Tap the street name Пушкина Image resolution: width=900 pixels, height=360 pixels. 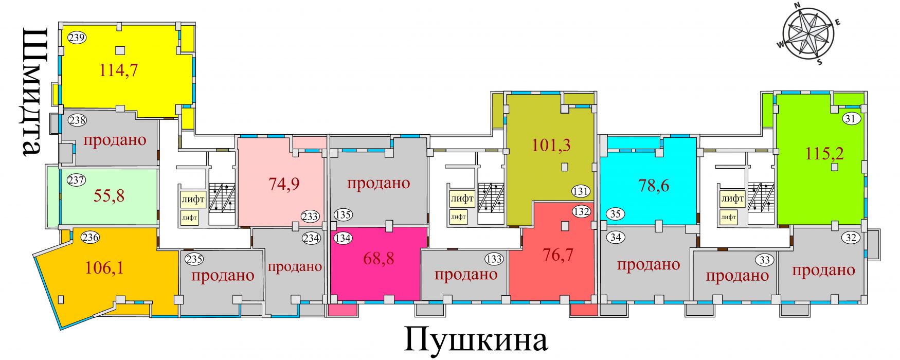(476, 339)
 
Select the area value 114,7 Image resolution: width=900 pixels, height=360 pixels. (119, 70)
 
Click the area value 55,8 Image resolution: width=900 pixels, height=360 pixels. (110, 195)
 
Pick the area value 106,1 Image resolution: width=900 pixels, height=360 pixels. (104, 267)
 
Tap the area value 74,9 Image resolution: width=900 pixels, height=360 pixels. (284, 184)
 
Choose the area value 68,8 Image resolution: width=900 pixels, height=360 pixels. (379, 258)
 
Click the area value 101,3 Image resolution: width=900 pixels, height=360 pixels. (551, 145)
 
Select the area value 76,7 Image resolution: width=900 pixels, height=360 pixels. (558, 255)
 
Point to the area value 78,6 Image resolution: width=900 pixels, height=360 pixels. (654, 185)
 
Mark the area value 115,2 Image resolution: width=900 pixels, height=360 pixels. (825, 153)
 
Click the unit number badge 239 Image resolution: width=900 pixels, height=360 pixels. (77, 38)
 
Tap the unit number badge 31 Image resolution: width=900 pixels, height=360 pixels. (851, 119)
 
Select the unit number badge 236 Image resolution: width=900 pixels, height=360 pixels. (91, 238)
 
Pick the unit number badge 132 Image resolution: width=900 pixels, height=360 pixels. (582, 211)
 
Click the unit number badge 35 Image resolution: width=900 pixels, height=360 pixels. (616, 213)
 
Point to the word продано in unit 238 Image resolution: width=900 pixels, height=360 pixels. (115, 140)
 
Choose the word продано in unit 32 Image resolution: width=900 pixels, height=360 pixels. (823, 271)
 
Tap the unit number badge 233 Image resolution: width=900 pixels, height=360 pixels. (310, 217)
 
